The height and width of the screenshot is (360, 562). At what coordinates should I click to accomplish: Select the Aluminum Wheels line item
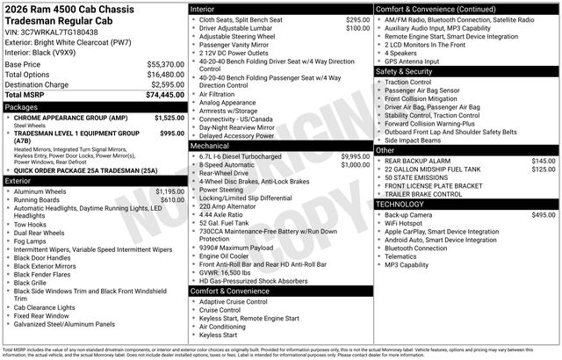point(42,191)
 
